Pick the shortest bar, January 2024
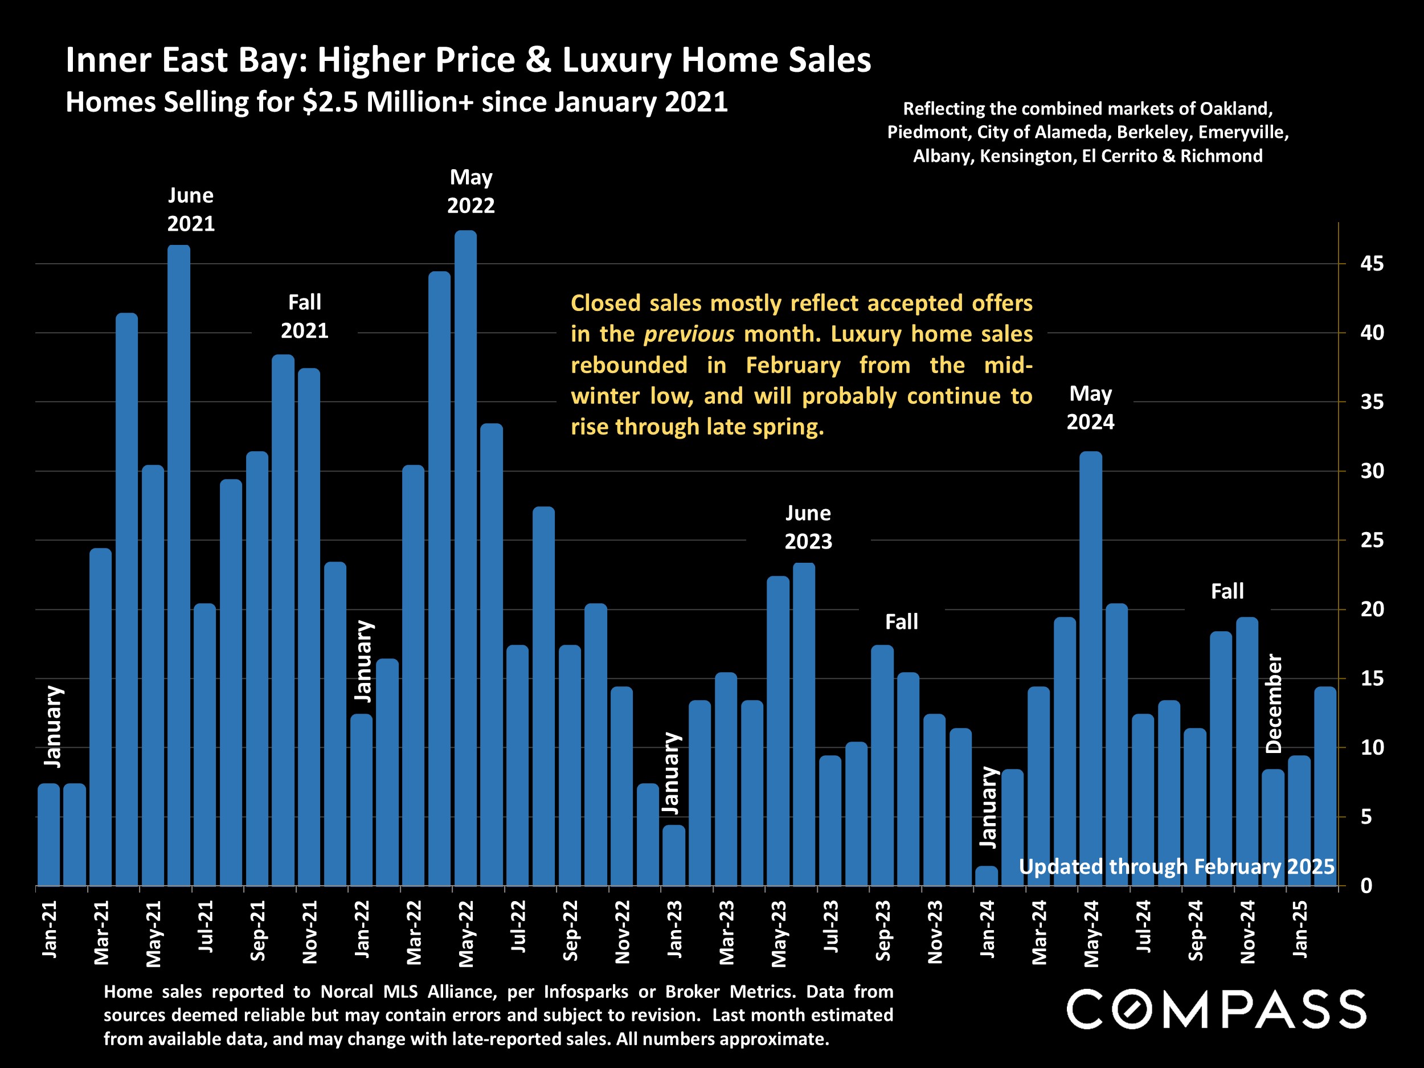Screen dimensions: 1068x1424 986,876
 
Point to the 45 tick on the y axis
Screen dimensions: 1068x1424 1372,264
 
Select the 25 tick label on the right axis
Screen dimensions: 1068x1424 1372,540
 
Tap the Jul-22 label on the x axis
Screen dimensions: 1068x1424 518,927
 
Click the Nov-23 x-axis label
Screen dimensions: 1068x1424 935,931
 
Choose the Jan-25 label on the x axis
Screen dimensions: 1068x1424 1300,929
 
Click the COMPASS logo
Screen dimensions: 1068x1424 1216,1009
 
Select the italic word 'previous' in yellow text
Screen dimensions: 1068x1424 688,334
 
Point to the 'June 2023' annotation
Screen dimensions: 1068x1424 808,527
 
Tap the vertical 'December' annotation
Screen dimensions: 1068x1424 1274,703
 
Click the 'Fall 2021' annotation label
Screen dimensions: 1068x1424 305,316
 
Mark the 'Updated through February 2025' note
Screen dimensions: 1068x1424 1176,866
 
